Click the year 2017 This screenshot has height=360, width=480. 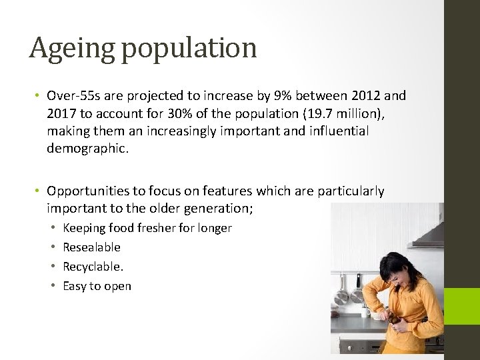click(62, 113)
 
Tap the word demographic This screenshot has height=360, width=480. click(87, 148)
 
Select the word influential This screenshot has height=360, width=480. click(338, 131)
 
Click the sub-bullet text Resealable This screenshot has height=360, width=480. click(91, 247)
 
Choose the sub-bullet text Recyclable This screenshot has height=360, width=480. click(93, 267)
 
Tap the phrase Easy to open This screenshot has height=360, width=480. click(97, 286)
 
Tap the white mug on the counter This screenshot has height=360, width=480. click(365, 311)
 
